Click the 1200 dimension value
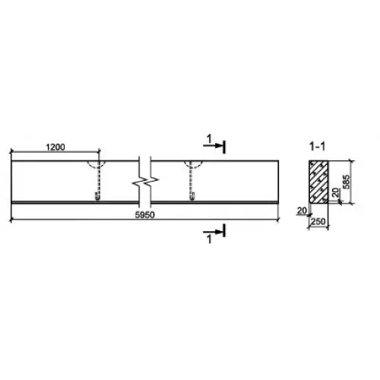click(55, 147)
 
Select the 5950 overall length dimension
click(144, 215)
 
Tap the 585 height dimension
click(346, 182)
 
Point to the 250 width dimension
click(318, 221)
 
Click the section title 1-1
click(317, 147)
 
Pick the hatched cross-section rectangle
click(318, 182)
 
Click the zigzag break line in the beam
click(145, 181)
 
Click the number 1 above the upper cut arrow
click(209, 139)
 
